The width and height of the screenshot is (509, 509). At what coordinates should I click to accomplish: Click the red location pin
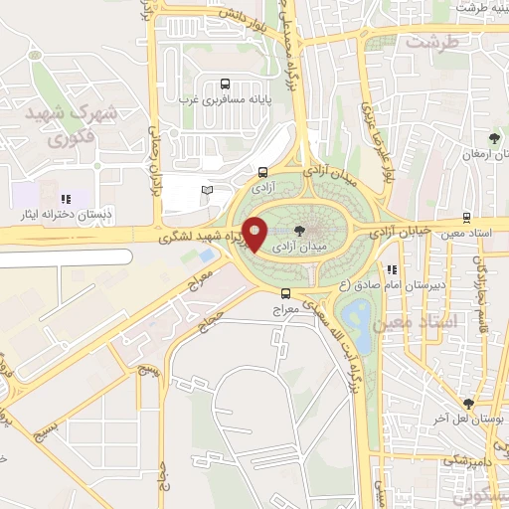click(x=254, y=235)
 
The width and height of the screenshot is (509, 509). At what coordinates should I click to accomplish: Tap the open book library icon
click(x=207, y=189)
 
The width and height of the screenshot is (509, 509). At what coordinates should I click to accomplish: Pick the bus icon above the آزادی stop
click(x=262, y=171)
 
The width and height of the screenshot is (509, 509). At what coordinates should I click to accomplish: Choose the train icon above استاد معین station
click(x=466, y=219)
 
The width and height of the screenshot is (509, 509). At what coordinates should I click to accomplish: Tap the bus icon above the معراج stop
click(x=286, y=293)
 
